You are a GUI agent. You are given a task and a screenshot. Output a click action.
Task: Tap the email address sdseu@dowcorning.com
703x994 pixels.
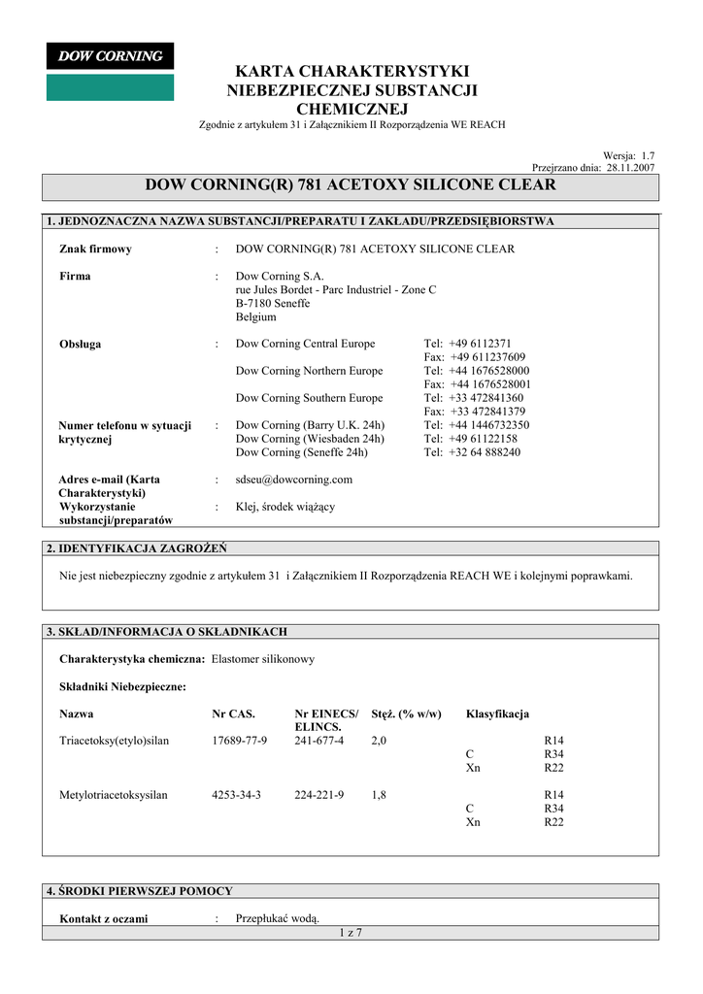tap(294, 480)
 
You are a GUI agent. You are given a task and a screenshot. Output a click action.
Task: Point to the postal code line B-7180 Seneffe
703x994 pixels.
tap(273, 304)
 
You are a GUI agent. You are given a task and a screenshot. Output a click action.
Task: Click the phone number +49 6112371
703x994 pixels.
tap(481, 344)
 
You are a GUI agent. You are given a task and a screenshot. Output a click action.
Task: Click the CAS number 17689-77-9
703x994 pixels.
tap(239, 741)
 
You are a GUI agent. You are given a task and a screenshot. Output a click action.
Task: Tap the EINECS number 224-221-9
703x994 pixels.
tap(319, 795)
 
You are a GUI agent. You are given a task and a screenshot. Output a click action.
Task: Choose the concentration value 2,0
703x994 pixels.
tap(379, 741)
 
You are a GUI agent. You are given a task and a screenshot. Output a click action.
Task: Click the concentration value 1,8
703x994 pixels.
tap(379, 795)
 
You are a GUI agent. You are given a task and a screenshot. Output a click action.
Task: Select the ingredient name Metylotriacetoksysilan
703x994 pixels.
tap(114, 795)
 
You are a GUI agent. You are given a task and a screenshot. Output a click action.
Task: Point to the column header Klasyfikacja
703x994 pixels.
tap(497, 714)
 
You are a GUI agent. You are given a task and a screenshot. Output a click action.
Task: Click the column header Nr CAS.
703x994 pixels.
tap(233, 714)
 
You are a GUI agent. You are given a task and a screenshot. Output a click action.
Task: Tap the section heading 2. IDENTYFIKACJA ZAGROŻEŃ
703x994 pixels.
tap(137, 548)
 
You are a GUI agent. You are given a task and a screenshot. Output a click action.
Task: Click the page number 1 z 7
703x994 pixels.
tap(350, 933)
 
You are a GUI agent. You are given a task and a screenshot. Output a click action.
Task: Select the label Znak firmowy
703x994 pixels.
tap(95, 249)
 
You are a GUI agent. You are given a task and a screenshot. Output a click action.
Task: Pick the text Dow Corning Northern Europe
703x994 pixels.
tap(309, 371)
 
